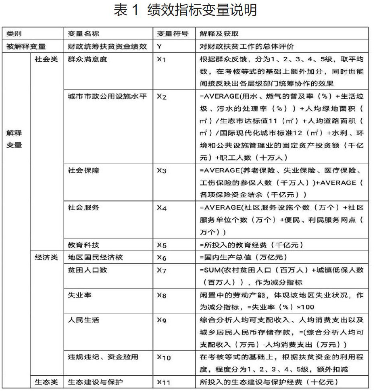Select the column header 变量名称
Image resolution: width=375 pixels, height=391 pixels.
pos(81,34)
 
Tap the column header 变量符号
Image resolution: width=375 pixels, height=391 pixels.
pos(172,34)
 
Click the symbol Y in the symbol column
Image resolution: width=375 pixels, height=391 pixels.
pos(159,46)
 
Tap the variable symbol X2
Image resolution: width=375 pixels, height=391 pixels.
pos(161,97)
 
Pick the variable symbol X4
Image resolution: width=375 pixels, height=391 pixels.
pos(161,208)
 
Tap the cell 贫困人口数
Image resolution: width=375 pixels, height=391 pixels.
pos(84,270)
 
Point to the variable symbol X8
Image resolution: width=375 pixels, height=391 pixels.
pos(161,295)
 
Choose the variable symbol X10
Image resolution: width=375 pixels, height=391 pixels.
pos(164,358)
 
